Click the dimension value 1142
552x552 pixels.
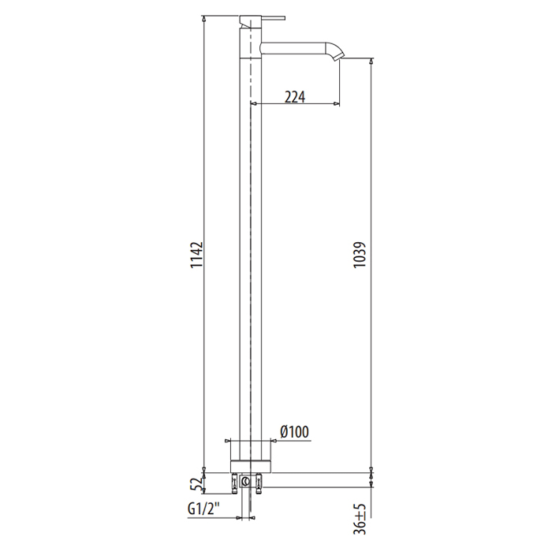pyautogui.click(x=197, y=258)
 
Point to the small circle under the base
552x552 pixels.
pyautogui.click(x=246, y=480)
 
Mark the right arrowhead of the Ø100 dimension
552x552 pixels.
pyautogui.click(x=273, y=440)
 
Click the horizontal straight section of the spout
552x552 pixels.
pyautogui.click(x=296, y=46)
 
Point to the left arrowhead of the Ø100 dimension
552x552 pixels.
pyautogui.click(x=229, y=440)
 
